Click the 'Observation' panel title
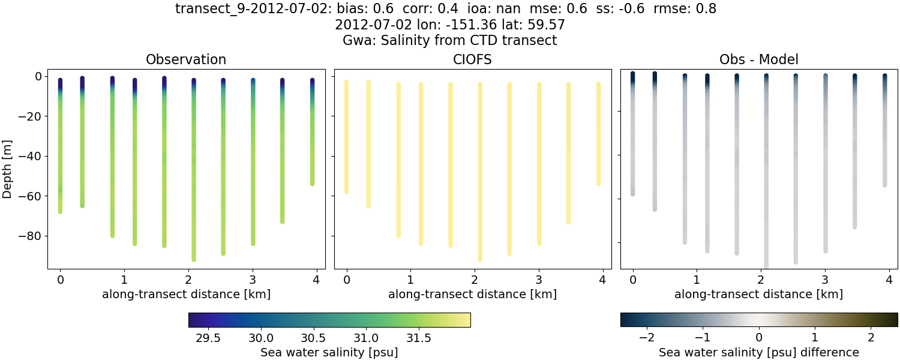(x=186, y=60)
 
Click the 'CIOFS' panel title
(x=473, y=60)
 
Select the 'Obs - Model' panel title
(x=759, y=60)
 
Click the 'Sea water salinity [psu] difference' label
(x=759, y=352)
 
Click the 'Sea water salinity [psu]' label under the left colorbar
(x=329, y=352)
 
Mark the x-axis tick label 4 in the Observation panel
(x=316, y=280)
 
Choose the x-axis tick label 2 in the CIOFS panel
(x=475, y=280)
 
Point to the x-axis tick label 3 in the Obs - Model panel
(x=825, y=280)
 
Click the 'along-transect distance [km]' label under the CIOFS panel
(x=473, y=294)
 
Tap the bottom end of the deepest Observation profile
(x=194, y=259)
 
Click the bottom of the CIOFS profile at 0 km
(x=346, y=191)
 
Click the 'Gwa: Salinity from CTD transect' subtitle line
(x=450, y=41)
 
